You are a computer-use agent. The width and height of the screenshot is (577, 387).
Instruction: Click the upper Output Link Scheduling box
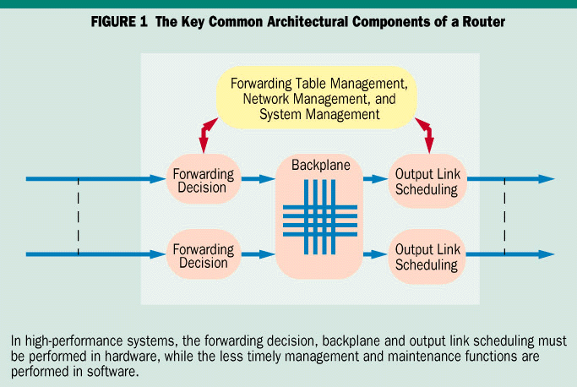[427, 181]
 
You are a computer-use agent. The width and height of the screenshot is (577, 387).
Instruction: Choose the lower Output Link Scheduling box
[427, 254]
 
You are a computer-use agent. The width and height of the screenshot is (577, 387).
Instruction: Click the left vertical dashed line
[78, 216]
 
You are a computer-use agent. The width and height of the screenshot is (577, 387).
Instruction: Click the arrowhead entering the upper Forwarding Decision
[159, 179]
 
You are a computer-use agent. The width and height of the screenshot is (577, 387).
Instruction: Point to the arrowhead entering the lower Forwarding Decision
[159, 253]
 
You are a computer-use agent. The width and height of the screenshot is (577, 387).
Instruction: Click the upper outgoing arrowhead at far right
[547, 179]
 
